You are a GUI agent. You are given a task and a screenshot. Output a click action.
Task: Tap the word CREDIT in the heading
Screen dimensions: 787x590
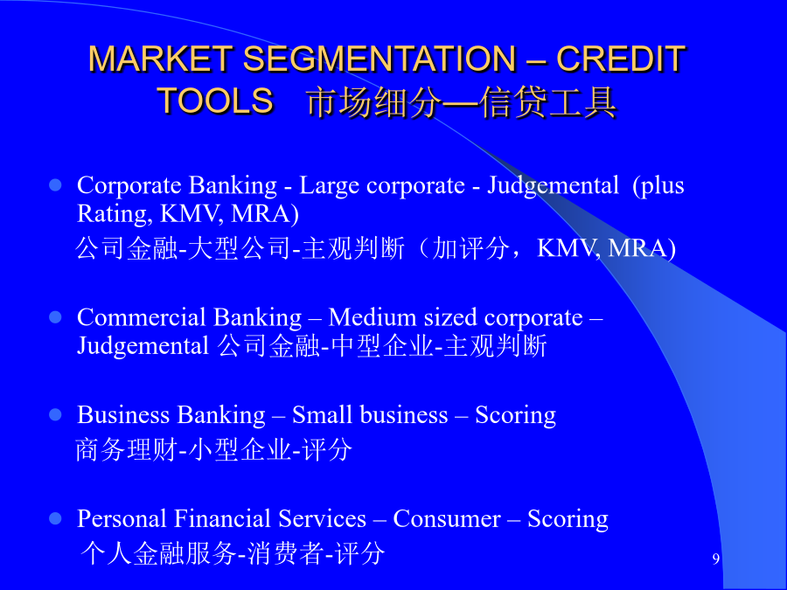pos(621,59)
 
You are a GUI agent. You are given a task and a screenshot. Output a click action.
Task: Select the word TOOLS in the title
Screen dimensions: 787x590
pos(215,100)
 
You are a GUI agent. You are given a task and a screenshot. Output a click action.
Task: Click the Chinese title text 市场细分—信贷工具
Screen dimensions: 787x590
pos(461,102)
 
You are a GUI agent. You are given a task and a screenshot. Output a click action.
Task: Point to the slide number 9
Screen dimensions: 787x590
pos(715,559)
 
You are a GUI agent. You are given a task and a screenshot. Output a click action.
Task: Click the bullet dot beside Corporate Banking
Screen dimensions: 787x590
pos(55,185)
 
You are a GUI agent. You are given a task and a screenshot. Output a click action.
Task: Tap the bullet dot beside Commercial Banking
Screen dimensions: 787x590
pos(55,317)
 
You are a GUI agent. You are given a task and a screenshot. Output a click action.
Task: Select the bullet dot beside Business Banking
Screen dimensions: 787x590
pos(55,415)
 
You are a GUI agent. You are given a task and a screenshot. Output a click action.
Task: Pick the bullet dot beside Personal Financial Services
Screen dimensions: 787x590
pos(55,518)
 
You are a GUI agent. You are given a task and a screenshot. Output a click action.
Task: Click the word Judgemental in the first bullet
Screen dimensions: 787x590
pos(554,186)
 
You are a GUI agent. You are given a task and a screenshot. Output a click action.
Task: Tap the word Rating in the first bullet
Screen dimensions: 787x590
pos(115,215)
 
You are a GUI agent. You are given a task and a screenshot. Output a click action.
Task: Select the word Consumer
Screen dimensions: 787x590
pos(447,518)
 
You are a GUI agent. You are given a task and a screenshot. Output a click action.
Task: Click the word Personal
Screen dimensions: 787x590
pos(122,518)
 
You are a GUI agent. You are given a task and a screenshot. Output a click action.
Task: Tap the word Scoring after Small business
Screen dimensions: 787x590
pos(515,416)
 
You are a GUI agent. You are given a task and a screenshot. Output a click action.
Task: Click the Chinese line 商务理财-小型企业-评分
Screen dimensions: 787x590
pos(214,449)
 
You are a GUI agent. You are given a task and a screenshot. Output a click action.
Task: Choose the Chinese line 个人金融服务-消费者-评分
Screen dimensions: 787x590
pos(233,553)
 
